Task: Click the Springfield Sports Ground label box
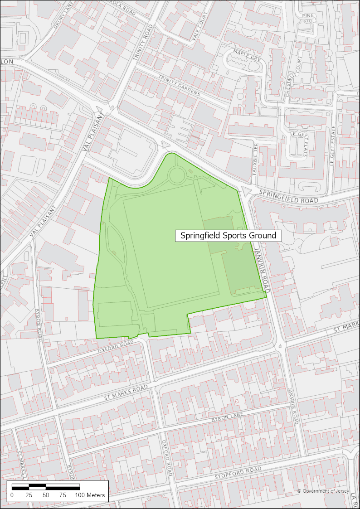[228, 236]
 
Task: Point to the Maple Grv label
[245, 57]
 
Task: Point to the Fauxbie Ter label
[255, 156]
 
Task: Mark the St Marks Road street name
[126, 393]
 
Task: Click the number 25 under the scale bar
[29, 495]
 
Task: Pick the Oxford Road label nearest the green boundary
[116, 347]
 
